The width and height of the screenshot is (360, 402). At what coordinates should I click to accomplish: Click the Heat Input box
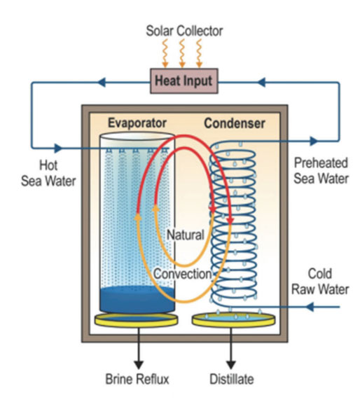[184, 81]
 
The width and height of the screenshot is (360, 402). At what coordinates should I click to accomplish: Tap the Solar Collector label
[184, 31]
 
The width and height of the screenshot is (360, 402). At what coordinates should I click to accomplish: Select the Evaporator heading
[137, 123]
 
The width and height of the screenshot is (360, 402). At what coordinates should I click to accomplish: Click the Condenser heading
[235, 123]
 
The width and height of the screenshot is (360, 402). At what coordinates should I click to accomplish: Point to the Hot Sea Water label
[48, 173]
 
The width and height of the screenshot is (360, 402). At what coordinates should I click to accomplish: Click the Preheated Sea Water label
[321, 170]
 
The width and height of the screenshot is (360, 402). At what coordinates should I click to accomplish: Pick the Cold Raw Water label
[320, 282]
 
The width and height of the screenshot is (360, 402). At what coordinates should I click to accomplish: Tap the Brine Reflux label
[137, 379]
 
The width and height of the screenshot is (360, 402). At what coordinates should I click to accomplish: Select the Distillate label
[232, 379]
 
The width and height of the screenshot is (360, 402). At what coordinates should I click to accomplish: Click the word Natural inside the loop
[186, 235]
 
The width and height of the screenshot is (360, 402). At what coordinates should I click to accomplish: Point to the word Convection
[183, 274]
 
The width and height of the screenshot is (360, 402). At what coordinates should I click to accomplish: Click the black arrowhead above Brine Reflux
[139, 365]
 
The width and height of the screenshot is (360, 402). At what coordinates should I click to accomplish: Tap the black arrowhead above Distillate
[230, 365]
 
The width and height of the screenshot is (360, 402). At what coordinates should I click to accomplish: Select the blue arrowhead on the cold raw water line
[310, 307]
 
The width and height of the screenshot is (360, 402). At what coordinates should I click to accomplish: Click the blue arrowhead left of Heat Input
[102, 83]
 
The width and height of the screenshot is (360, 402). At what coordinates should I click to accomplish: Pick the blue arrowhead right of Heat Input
[261, 83]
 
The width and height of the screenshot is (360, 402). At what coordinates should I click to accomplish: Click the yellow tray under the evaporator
[137, 319]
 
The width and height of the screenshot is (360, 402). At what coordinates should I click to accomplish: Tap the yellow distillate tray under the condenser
[234, 319]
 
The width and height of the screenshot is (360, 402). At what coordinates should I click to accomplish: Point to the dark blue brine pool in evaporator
[137, 300]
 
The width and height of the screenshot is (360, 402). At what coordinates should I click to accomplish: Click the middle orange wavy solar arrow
[182, 53]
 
